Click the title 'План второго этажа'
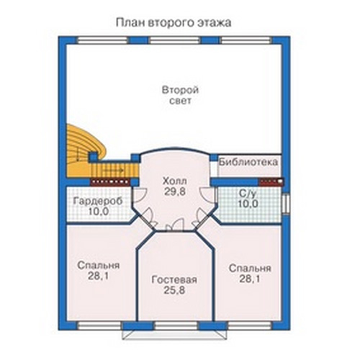click(x=174, y=23)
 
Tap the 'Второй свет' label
click(x=181, y=95)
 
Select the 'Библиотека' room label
click(x=248, y=162)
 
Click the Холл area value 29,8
click(x=175, y=192)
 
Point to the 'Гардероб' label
click(x=98, y=201)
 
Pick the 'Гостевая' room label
click(x=174, y=280)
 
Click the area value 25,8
click(x=174, y=290)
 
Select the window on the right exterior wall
click(x=286, y=204)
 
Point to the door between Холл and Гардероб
click(x=138, y=194)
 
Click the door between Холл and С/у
click(x=207, y=194)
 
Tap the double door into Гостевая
click(x=174, y=225)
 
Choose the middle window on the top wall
click(x=174, y=40)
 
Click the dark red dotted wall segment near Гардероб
click(x=110, y=182)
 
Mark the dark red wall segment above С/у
click(x=271, y=182)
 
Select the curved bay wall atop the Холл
click(x=175, y=150)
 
